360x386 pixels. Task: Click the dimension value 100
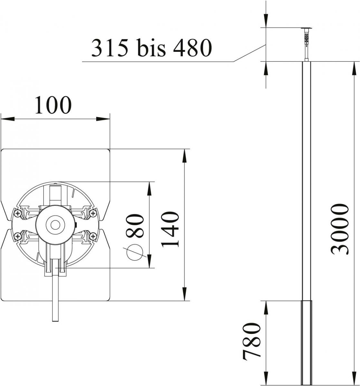click(x=52, y=105)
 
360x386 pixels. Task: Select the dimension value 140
click(x=170, y=229)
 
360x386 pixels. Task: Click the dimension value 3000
click(x=341, y=229)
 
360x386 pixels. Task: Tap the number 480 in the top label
click(x=193, y=48)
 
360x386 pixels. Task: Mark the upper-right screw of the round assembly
click(x=93, y=213)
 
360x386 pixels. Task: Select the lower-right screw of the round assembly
click(x=93, y=236)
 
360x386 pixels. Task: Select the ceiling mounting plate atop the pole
click(x=306, y=28)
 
